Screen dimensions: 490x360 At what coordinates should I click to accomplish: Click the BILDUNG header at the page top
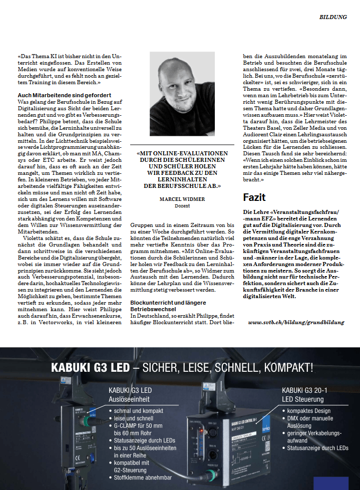pos(333,17)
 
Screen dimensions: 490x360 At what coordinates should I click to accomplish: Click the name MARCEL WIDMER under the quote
pos(182,199)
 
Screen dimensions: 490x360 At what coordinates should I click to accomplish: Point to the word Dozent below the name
pos(182,206)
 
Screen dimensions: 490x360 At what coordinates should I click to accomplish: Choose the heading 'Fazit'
pos(254,197)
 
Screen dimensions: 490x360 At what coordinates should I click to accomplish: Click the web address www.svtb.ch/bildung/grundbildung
pos(296,322)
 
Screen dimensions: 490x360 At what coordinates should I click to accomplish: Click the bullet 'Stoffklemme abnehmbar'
pos(143,477)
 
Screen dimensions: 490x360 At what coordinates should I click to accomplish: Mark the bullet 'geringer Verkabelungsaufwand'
pos(314,436)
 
